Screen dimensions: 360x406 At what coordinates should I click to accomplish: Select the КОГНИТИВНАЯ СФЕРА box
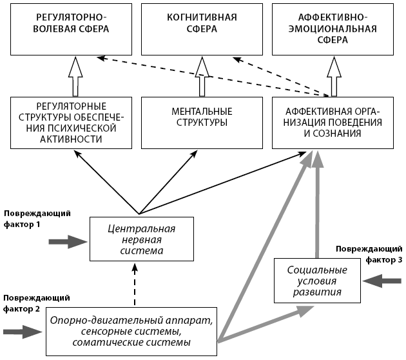point(200,28)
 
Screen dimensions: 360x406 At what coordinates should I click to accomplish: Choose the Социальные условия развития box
point(317,281)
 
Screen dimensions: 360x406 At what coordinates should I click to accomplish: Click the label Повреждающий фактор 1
point(37,218)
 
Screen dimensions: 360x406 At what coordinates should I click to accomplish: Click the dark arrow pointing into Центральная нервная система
point(68,241)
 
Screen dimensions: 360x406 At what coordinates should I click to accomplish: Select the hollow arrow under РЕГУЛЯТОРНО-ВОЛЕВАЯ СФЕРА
point(75,76)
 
